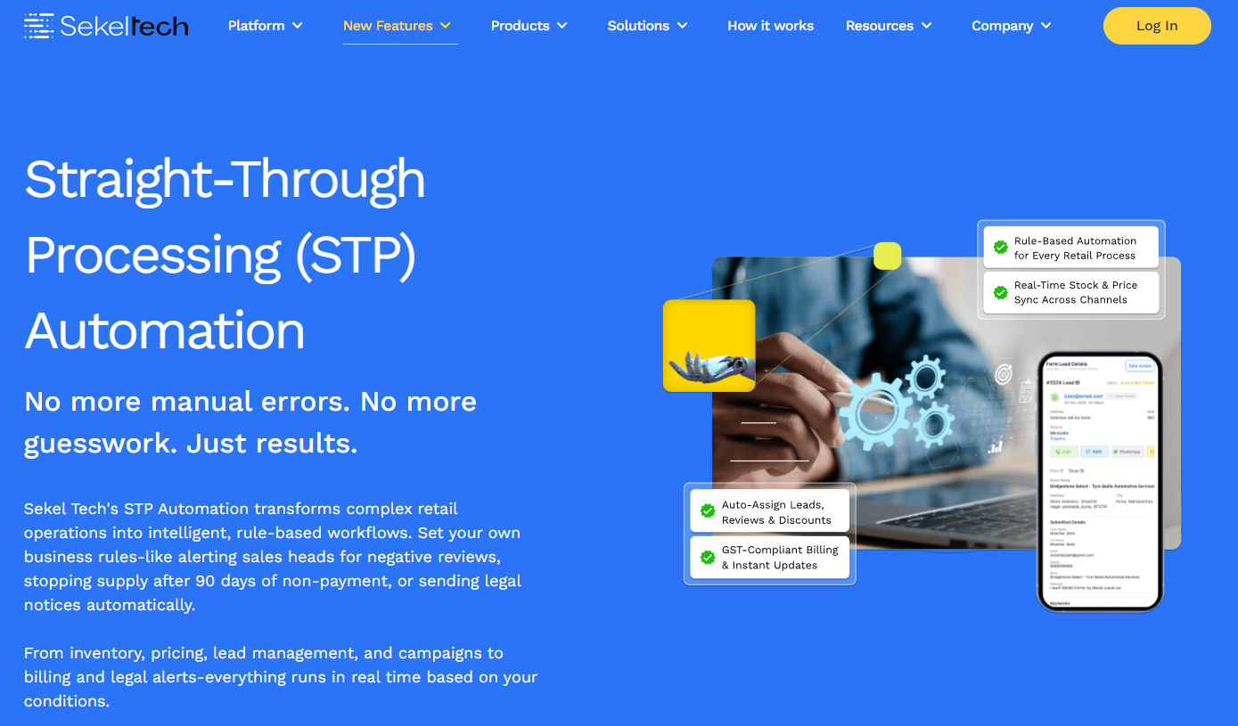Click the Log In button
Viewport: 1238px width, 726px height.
click(1156, 26)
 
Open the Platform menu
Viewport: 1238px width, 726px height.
click(265, 26)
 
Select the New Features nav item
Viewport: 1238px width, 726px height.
click(397, 26)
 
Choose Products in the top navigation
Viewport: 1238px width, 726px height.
click(529, 26)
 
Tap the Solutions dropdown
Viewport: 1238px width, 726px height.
click(647, 26)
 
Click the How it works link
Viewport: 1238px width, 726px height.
click(770, 26)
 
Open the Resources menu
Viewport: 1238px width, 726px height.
click(888, 26)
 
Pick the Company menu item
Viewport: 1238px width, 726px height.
click(1011, 26)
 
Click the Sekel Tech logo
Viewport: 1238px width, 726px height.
click(106, 26)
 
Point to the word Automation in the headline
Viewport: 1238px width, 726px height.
click(165, 330)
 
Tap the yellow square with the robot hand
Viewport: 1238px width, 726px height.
click(709, 346)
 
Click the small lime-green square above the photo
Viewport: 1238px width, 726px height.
click(887, 256)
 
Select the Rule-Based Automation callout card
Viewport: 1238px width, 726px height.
click(1070, 248)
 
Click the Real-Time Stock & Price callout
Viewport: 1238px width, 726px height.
click(1070, 292)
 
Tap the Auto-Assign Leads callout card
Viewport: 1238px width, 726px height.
click(770, 512)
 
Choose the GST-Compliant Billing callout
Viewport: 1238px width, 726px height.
click(770, 558)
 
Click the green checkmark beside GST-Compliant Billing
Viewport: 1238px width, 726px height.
click(708, 558)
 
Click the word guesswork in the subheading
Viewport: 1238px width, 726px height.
click(99, 444)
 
